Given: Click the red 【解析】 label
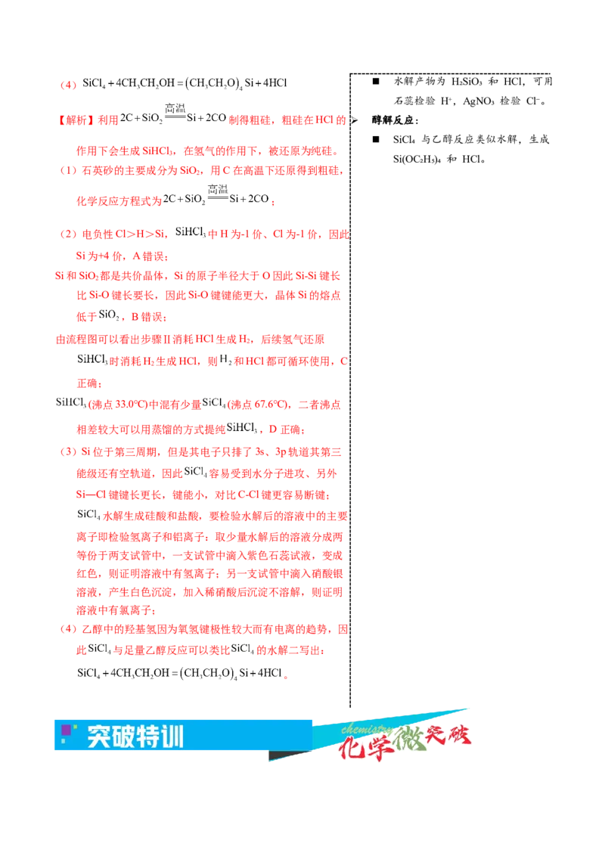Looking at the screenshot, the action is coord(76,120).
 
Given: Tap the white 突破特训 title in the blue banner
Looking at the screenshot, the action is coord(135,737).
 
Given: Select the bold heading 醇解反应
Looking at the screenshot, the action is coord(394,121).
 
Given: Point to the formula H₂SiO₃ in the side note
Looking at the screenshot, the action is coord(467,82).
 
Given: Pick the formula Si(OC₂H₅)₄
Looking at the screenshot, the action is coord(417,160).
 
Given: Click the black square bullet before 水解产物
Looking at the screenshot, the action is coord(376,82).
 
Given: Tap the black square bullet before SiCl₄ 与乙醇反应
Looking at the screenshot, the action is coord(376,139).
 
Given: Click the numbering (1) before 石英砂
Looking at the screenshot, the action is coord(68,171).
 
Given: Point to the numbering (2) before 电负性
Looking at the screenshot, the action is coord(68,234).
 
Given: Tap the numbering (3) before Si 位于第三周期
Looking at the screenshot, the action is coord(68,452).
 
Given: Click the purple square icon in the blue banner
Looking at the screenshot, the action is coord(67,730).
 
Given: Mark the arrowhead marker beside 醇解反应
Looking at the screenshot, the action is coord(355,120).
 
